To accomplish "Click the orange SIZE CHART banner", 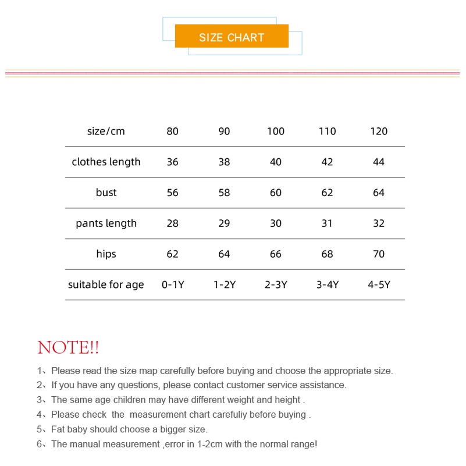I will tap(232, 37).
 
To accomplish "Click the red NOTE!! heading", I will tap(68, 348).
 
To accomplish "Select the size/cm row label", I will tap(106, 131).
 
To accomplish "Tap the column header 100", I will tap(276, 131).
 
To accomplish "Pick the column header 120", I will tap(379, 131).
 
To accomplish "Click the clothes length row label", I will tap(106, 162).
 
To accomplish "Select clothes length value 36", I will tap(173, 162).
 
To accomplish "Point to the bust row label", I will tap(106, 193).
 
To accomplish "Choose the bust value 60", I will tap(276, 193).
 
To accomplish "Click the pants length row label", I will tap(106, 223).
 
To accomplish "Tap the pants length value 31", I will tap(327, 223).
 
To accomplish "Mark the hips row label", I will tap(106, 254).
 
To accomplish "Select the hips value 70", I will tap(379, 254).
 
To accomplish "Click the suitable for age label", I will tap(106, 285).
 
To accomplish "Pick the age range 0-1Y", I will tap(173, 285).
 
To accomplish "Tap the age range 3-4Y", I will tap(327, 285).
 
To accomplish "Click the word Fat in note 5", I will tap(59, 429).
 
